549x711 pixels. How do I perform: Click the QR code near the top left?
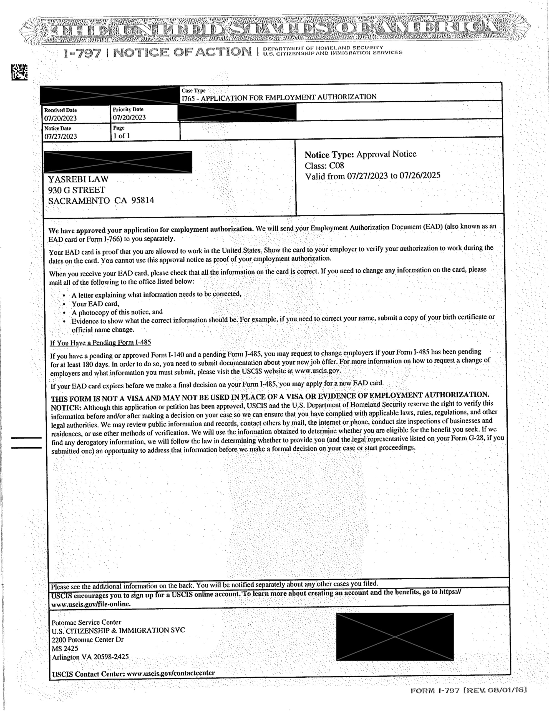click(19, 72)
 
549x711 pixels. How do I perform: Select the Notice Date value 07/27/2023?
click(61, 136)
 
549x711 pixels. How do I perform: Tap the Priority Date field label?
click(128, 109)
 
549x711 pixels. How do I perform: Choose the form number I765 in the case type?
click(188, 98)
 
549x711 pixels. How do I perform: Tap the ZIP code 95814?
click(143, 200)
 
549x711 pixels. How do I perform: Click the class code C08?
click(336, 165)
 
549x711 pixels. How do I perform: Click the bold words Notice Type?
click(329, 155)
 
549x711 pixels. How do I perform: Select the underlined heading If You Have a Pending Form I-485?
click(100, 342)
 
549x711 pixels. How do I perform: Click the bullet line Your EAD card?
click(95, 304)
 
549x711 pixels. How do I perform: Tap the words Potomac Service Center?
click(86, 622)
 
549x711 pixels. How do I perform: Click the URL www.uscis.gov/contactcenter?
click(170, 673)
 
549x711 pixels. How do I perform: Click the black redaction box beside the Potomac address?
click(395, 637)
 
